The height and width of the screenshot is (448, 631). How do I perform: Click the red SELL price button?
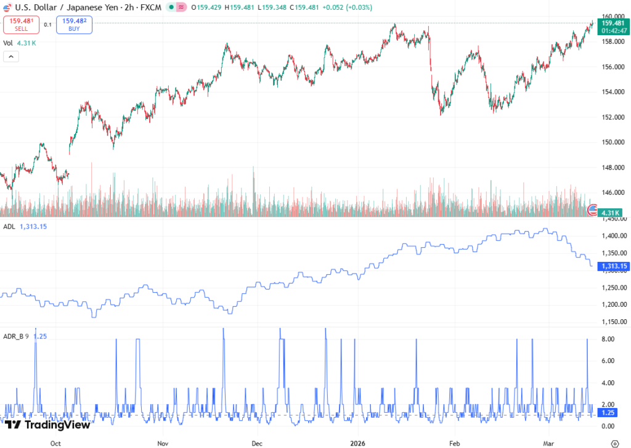[22, 25]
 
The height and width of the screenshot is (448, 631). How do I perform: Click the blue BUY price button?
[74, 25]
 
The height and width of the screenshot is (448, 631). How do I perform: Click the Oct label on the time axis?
[55, 443]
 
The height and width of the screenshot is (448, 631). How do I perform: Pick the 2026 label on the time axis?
[358, 443]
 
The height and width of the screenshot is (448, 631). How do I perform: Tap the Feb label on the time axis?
[455, 443]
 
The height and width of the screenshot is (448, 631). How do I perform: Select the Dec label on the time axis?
[258, 443]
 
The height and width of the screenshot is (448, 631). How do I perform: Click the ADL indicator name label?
[9, 227]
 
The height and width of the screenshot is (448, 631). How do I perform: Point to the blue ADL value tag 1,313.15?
[614, 266]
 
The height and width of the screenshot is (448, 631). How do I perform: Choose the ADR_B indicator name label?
[14, 336]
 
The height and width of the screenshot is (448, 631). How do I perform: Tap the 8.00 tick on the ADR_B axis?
[608, 339]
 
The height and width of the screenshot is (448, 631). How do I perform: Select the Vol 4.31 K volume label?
[20, 43]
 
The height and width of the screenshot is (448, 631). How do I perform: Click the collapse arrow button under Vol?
[11, 57]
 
